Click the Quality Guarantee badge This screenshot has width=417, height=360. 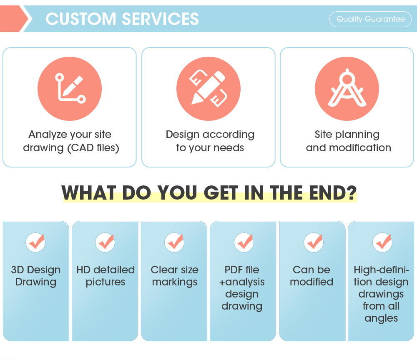point(370,19)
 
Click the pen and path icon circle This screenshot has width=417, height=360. point(70,88)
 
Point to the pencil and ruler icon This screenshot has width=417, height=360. point(208,88)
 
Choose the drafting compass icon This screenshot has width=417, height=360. point(347,88)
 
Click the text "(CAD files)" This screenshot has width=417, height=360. point(93,148)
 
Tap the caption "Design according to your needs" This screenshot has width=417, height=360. point(210,141)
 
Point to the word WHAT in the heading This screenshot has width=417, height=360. point(88,192)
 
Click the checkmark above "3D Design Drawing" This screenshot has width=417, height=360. point(36,242)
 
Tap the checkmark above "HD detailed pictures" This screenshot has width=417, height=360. point(105,242)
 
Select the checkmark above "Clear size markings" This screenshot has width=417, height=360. point(174,242)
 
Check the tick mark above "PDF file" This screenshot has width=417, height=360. point(244,242)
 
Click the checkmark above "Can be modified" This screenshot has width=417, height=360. point(313,242)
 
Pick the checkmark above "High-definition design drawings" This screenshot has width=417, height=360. point(382,242)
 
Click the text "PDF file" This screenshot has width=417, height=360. point(242,270)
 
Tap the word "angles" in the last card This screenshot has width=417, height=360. point(381,318)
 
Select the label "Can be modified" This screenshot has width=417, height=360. point(311,276)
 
